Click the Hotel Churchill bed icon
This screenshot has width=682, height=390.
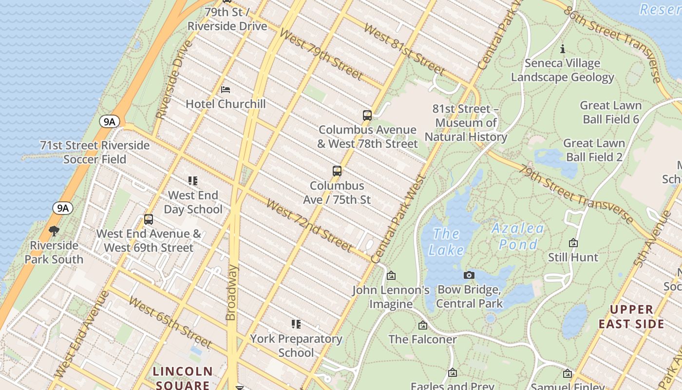226,90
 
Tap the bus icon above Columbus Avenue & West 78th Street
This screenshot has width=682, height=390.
367,116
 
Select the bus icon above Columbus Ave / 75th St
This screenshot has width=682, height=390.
337,171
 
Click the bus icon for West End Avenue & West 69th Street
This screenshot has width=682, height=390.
149,219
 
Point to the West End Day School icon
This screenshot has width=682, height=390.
193,181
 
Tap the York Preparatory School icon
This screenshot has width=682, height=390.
296,324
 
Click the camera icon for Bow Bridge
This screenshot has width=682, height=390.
469,275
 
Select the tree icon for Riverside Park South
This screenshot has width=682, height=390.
54,231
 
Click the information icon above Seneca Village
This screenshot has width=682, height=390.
563,49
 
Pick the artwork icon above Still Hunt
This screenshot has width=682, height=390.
573,243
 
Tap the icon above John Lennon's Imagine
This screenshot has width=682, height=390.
391,276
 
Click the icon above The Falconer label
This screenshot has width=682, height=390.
423,325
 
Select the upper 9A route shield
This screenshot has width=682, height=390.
109,121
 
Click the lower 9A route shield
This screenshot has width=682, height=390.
63,209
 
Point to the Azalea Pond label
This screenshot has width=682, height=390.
518,236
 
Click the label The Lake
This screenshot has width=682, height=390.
446,242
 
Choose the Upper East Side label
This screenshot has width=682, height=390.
631,317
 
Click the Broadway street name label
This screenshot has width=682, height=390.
232,292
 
